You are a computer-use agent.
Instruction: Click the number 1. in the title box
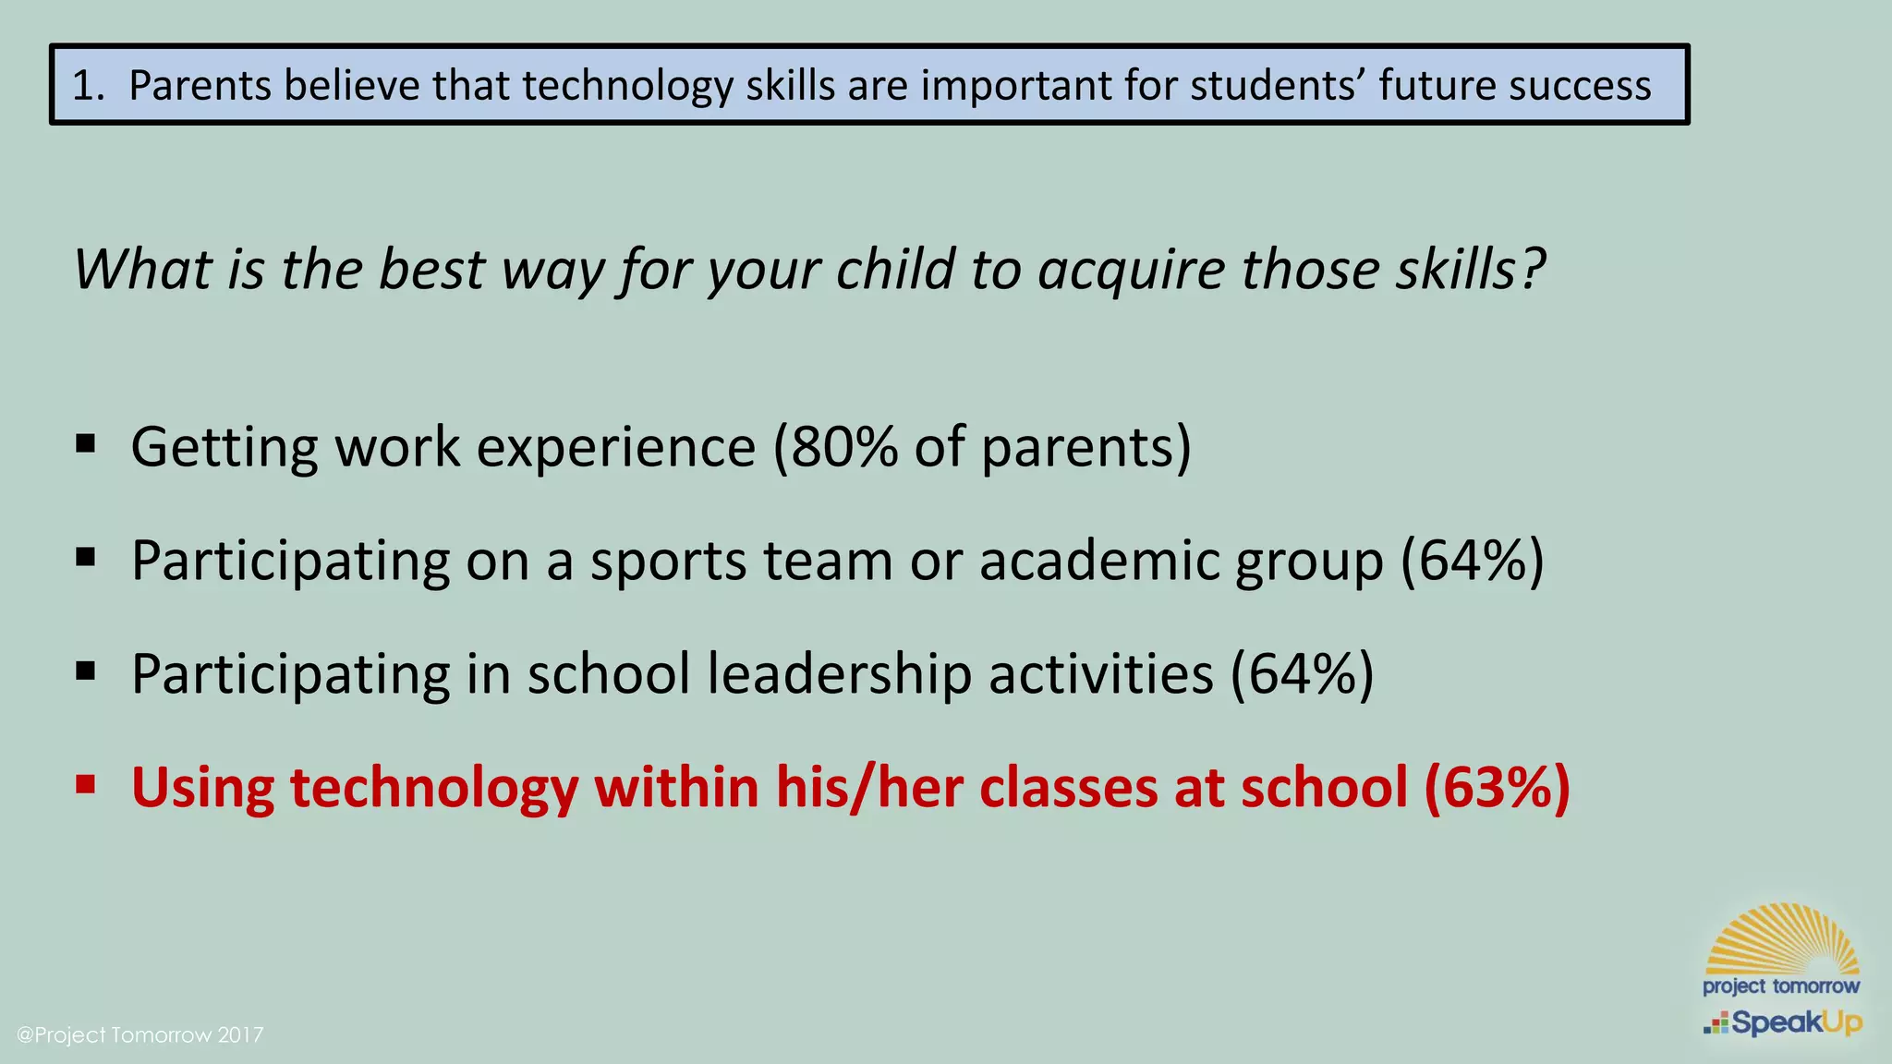tap(89, 85)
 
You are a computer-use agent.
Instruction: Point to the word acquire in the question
tap(1130, 272)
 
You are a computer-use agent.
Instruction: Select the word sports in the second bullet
tap(668, 562)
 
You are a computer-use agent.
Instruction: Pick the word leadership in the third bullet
tap(840, 673)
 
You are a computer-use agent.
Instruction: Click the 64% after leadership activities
tap(1302, 674)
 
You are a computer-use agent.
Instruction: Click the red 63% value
tap(1497, 788)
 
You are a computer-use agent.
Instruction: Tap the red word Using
tap(202, 788)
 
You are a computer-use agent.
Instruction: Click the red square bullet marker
tap(86, 785)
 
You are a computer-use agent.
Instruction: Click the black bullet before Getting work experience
tap(86, 444)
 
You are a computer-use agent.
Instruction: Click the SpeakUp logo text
tap(1795, 1023)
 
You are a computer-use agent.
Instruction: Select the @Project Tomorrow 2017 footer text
tap(140, 1034)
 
